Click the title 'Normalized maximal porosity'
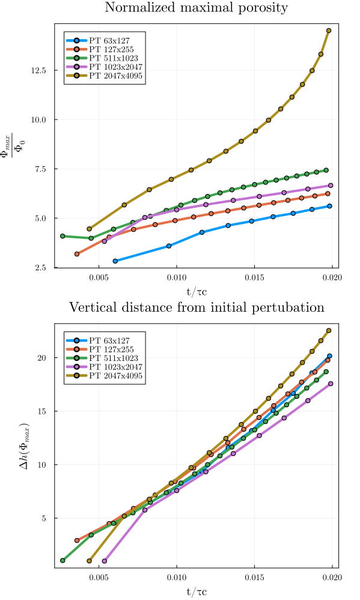197,8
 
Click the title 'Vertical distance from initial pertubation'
197,308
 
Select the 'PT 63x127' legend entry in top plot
108,41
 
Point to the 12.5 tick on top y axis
40,70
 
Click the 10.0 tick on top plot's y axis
40,120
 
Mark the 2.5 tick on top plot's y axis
42,268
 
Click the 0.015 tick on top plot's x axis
254,278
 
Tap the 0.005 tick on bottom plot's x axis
99,578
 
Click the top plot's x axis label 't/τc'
197,292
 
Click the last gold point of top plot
329,31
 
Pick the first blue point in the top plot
115,261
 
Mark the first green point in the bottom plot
63,560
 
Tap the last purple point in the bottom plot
331,384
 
